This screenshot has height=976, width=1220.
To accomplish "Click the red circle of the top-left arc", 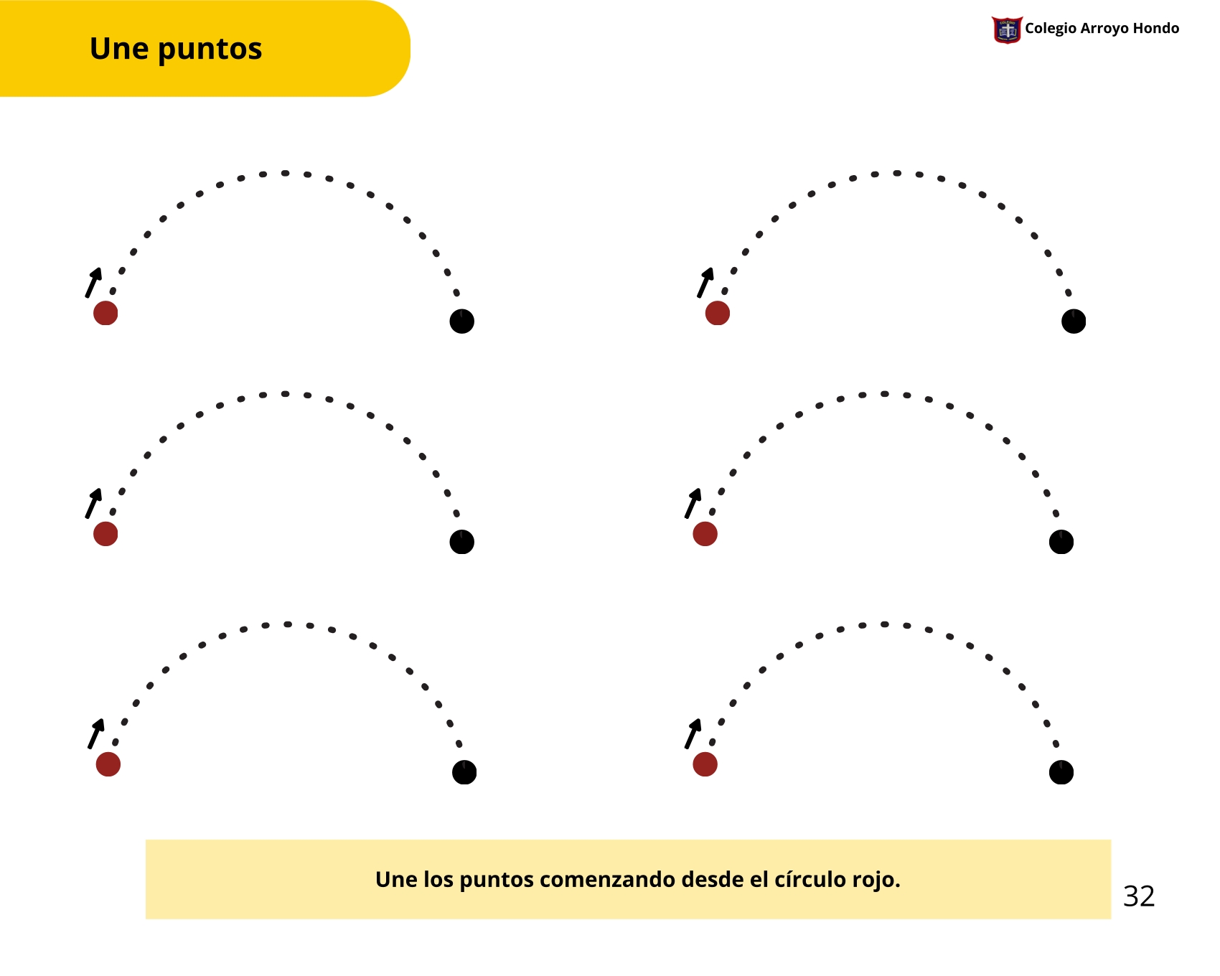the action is [105, 313].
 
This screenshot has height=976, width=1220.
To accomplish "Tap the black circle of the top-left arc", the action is [461, 321].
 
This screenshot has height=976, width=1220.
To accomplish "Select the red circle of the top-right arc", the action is [717, 313].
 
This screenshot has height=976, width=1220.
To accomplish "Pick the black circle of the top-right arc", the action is [1073, 321].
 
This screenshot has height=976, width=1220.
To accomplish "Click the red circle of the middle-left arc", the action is [105, 534].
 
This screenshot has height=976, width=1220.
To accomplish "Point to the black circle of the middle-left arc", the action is [461, 542].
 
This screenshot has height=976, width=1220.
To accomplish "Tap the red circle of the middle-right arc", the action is [705, 534].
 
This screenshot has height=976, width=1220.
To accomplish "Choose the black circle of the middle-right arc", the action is [1061, 542].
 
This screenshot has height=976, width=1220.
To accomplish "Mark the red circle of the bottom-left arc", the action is [108, 764].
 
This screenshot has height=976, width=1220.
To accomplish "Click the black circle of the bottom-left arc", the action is [464, 772].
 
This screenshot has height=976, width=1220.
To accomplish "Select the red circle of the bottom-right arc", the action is [705, 764].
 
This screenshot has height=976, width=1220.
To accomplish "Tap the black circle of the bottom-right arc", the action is [1061, 772].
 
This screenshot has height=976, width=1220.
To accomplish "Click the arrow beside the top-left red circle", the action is [93, 282].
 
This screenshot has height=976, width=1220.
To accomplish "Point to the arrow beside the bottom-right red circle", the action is [693, 733].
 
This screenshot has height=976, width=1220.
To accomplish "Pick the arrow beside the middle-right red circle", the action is [693, 503].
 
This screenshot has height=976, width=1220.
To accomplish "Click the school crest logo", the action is [1007, 30].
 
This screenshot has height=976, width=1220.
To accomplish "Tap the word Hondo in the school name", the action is [1155, 28].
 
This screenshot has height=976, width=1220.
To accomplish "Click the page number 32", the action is [1139, 896].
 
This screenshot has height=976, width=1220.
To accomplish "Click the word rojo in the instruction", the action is [876, 880].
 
